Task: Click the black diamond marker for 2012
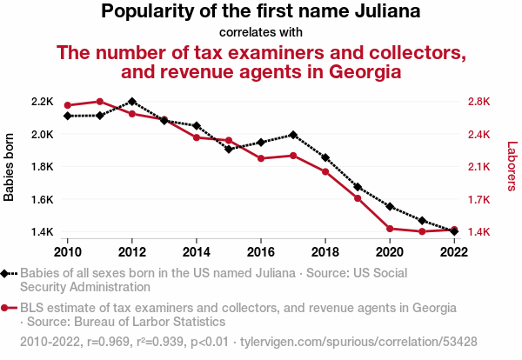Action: [x=132, y=102]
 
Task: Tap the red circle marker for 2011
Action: [x=100, y=102]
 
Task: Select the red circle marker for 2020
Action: [x=390, y=229]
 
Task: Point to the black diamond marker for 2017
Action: [x=293, y=135]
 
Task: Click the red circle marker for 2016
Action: [x=261, y=158]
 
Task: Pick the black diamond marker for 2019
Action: [x=358, y=187]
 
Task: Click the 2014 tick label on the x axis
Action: [x=197, y=252]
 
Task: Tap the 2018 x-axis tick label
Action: [x=325, y=252]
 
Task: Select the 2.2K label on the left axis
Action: [x=43, y=102]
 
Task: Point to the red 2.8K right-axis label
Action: [x=479, y=102]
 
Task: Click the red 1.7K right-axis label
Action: [x=479, y=200]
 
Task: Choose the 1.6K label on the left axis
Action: [x=43, y=200]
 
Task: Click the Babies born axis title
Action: [x=9, y=167]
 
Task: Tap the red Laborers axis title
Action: [x=512, y=166]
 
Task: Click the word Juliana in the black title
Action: [x=387, y=11]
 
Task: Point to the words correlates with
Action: [x=261, y=32]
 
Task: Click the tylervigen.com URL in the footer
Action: [x=358, y=342]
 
